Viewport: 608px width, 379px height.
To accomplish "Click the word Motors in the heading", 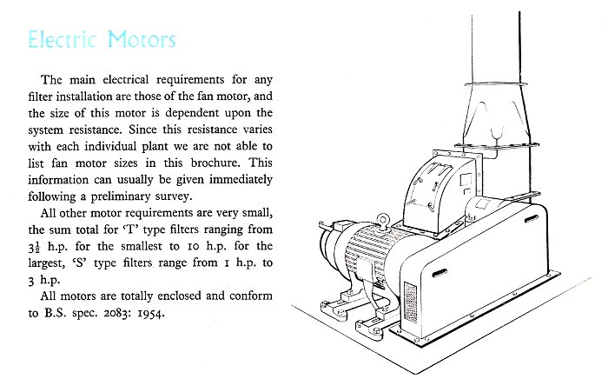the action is click(142, 40).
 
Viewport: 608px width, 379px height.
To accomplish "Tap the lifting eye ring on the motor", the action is click(383, 221).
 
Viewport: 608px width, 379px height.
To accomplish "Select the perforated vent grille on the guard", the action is click(411, 303).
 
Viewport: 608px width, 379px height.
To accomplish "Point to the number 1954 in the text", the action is click(151, 313).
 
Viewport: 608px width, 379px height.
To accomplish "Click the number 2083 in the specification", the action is click(118, 313).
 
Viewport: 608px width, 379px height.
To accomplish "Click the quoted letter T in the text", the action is click(130, 229).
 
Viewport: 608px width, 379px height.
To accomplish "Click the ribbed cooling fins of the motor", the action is click(367, 249).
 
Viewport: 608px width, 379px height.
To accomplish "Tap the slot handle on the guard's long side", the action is click(439, 273).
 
